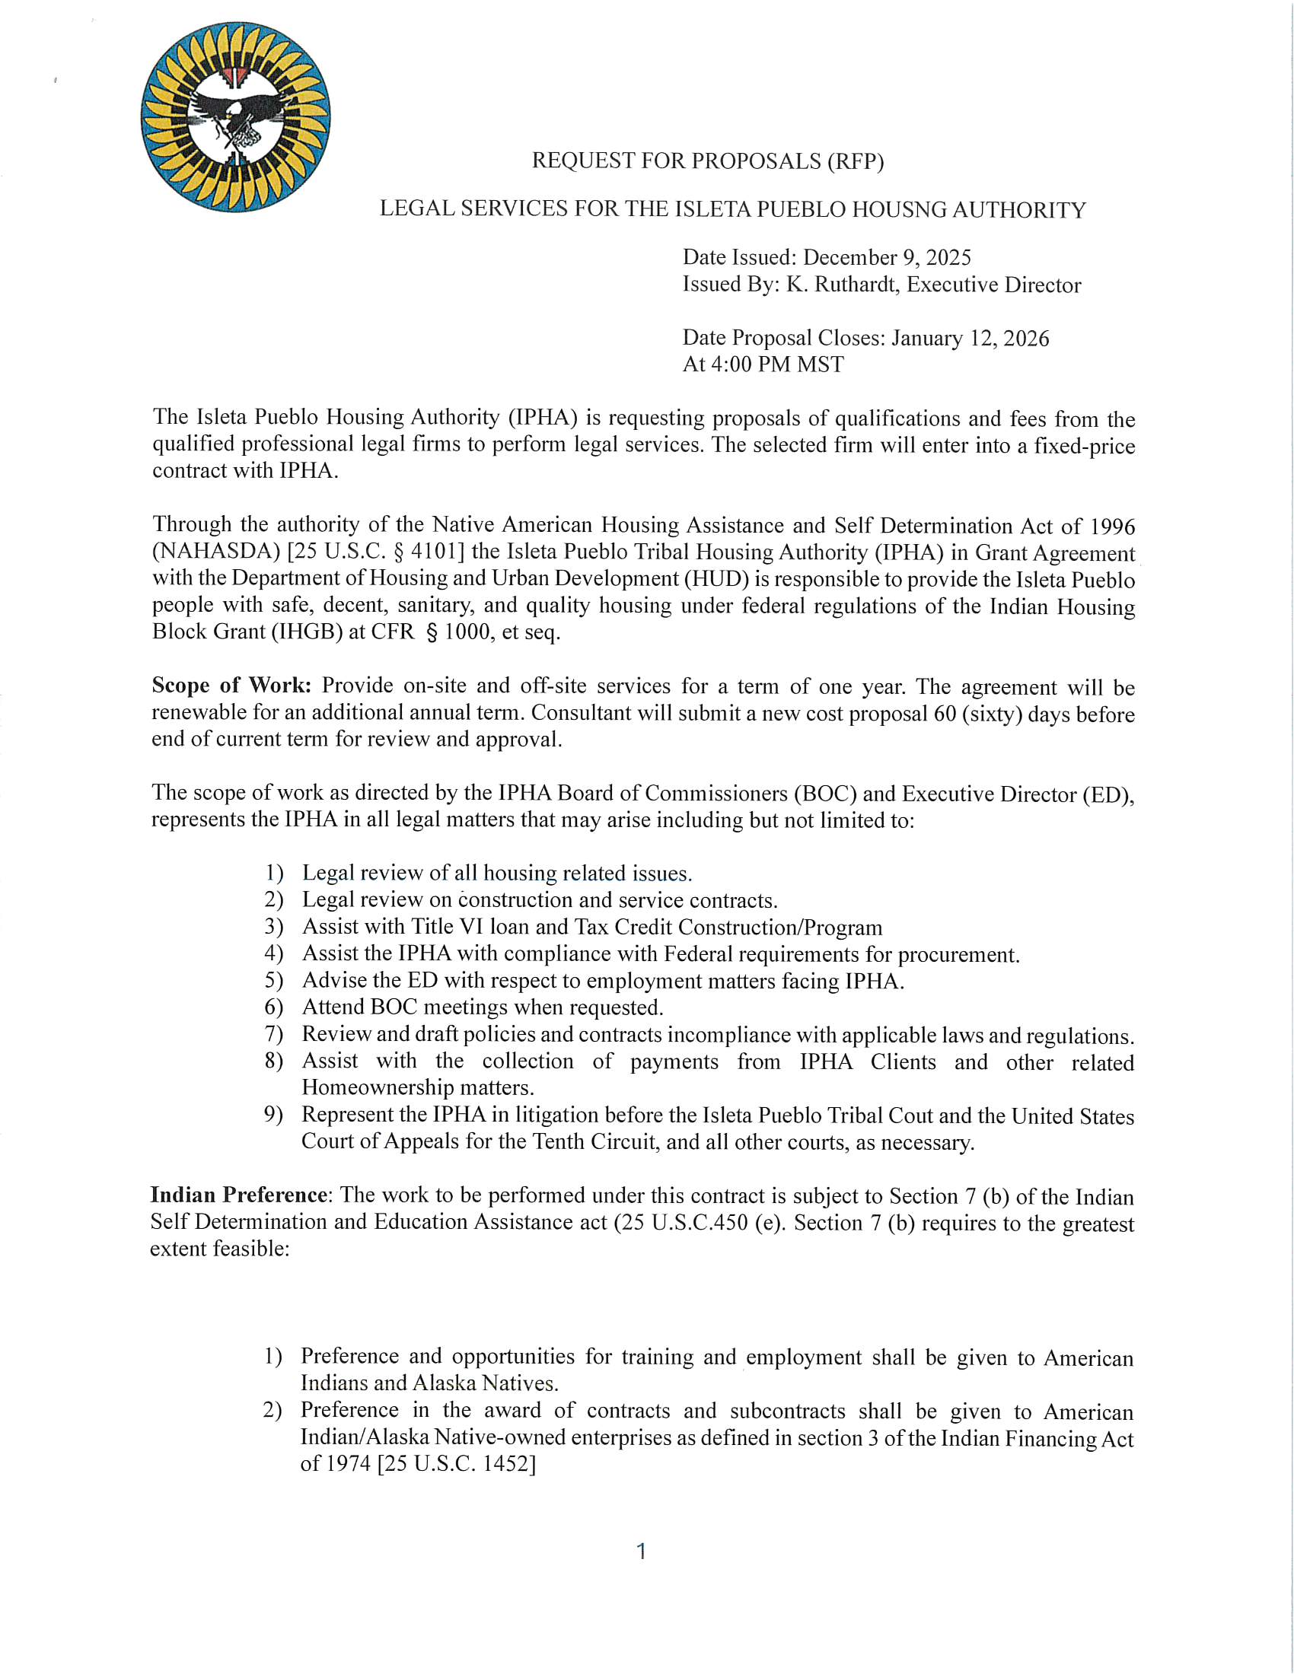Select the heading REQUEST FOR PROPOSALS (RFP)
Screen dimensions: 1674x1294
(x=708, y=161)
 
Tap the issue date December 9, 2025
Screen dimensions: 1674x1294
(x=886, y=257)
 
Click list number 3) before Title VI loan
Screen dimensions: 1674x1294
(x=274, y=927)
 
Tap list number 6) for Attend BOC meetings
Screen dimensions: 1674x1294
(x=274, y=1007)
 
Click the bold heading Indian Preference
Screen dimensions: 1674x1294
(x=238, y=1195)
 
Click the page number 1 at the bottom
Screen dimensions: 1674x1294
(x=642, y=1551)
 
